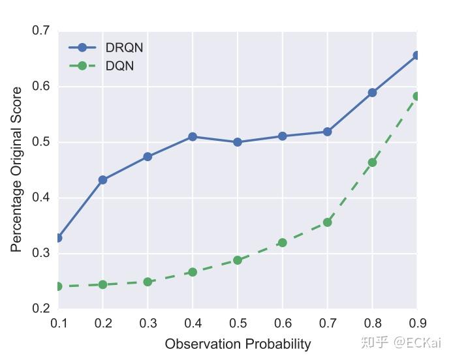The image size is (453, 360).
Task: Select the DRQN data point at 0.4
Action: [x=193, y=137]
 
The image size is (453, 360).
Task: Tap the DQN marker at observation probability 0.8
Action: [x=372, y=162]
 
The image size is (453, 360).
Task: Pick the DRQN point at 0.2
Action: [x=103, y=180]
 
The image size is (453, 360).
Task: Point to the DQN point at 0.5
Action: [x=238, y=260]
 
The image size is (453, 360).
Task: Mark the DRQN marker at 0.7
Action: [x=327, y=132]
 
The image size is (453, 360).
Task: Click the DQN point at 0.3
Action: [x=148, y=282]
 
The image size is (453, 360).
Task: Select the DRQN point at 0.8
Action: [x=372, y=93]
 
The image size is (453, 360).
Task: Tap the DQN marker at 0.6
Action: [x=282, y=243]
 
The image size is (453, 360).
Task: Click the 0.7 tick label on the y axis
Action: [x=40, y=31]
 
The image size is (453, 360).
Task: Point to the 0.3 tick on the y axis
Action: [x=40, y=253]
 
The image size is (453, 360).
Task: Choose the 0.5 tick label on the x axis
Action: [x=238, y=322]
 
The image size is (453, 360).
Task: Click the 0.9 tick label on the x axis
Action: [x=416, y=322]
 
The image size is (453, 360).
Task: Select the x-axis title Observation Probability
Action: [x=238, y=344]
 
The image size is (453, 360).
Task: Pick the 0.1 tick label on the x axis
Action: [x=59, y=322]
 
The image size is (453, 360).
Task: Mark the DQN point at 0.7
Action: [x=327, y=222]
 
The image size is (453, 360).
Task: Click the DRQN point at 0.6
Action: [x=282, y=136]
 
